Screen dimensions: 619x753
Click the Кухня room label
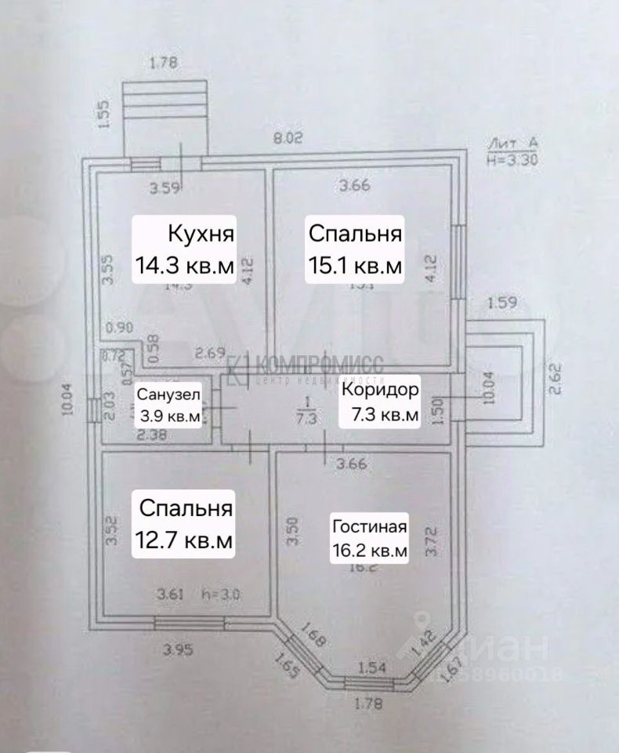point(201,234)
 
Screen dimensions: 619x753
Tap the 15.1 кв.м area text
point(355,265)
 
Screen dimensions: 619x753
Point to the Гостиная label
point(370,526)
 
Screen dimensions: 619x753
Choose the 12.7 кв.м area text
point(186,540)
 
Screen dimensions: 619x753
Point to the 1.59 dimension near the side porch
point(501,302)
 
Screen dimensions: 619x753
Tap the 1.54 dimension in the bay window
point(374,668)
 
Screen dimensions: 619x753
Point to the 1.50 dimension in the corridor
point(438,409)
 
